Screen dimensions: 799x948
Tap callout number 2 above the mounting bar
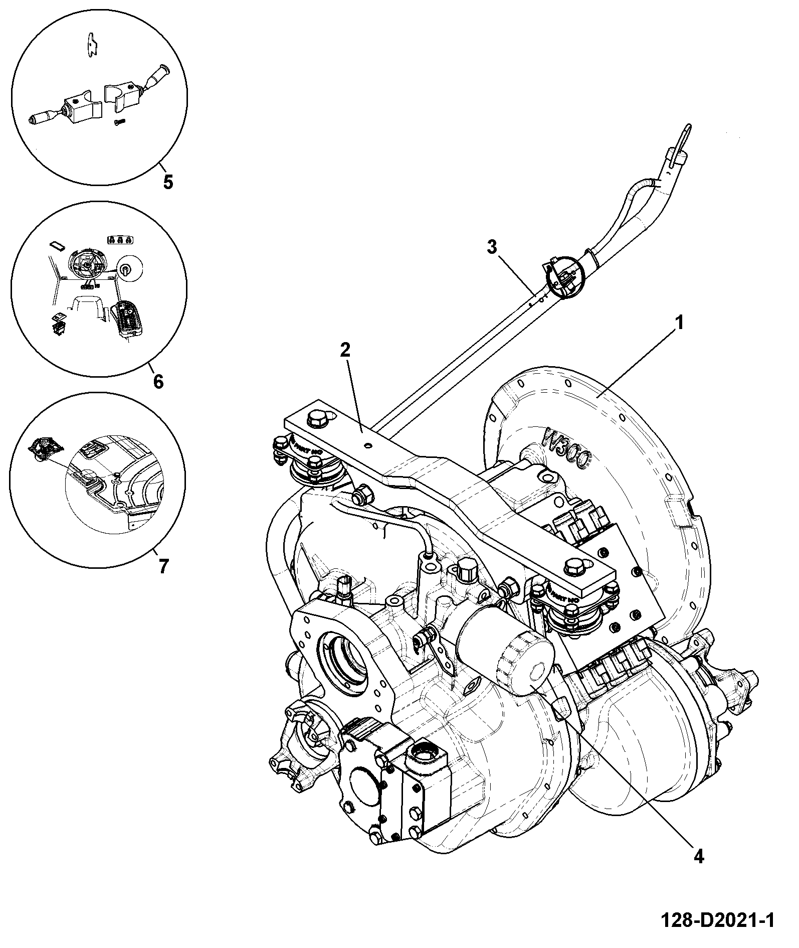[345, 351]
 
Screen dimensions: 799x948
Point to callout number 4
[699, 856]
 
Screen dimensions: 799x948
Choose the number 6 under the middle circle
[158, 382]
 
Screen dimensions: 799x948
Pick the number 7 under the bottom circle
[163, 566]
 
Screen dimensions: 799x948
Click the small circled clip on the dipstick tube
[564, 277]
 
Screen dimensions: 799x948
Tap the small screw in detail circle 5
[119, 122]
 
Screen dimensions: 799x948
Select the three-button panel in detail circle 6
[122, 240]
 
